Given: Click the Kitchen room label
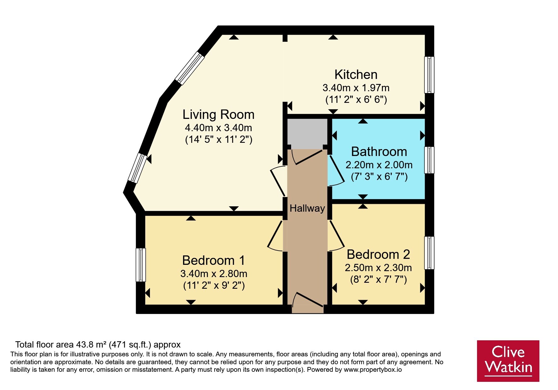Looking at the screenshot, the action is click(356, 75).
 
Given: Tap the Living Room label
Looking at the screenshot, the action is click(218, 114).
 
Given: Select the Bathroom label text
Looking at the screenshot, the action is click(379, 152).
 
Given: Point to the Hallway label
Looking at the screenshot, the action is click(307, 208).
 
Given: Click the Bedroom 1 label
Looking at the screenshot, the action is click(214, 260).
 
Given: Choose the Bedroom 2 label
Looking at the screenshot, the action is click(378, 254).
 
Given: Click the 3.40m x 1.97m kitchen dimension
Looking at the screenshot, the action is click(356, 87).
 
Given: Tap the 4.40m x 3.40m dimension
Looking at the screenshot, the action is click(218, 128).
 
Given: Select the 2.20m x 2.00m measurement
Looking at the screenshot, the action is click(379, 164).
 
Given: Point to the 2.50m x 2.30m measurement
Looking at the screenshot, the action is click(378, 268).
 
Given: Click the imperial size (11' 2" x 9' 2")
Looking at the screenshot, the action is click(214, 286).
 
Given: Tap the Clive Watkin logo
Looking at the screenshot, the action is click(508, 361).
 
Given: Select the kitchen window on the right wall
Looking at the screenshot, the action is click(429, 75).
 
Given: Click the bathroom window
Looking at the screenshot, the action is click(429, 160).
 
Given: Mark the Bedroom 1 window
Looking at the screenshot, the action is click(141, 265).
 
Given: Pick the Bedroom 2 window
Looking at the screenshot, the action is click(429, 253).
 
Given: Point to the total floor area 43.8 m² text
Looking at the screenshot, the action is click(98, 345).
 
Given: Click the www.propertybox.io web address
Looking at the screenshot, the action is click(373, 370).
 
